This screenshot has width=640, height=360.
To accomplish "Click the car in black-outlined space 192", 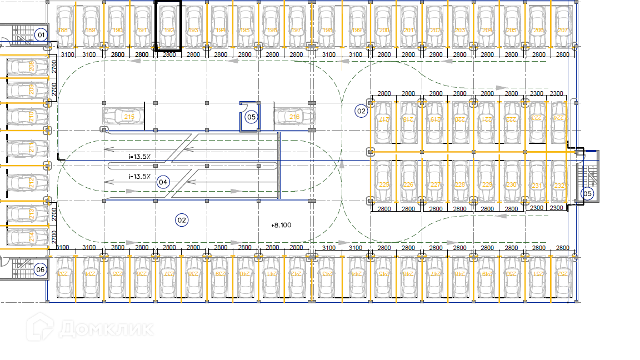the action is click(x=168, y=27).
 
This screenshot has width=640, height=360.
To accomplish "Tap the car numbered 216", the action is click(x=294, y=117).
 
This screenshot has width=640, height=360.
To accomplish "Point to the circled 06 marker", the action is click(x=40, y=270).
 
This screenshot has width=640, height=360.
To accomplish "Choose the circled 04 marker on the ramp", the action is click(x=163, y=182).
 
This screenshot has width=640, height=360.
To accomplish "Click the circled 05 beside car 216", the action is click(x=251, y=117).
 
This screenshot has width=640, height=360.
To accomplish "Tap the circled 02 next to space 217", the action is click(x=362, y=111).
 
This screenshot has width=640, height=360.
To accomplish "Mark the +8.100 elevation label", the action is click(x=281, y=225).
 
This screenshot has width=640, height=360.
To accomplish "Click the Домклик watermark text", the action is click(x=106, y=328).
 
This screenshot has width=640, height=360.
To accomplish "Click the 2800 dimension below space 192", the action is click(x=169, y=54).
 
